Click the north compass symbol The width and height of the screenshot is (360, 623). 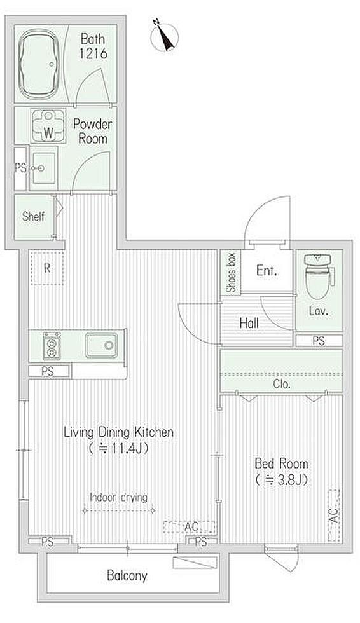pyautogui.click(x=165, y=37)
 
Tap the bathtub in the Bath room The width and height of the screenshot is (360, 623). pyautogui.click(x=39, y=64)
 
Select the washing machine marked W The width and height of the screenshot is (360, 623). pyautogui.click(x=48, y=127)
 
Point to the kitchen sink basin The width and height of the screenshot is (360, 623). pyautogui.click(x=101, y=345)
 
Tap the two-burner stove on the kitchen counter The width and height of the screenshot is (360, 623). pyautogui.click(x=52, y=346)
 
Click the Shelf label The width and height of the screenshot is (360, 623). pyautogui.click(x=33, y=217)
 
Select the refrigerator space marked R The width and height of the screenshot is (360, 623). pyautogui.click(x=47, y=268)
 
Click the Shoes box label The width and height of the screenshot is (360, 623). pyautogui.click(x=231, y=273)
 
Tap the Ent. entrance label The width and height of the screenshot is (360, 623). pyautogui.click(x=267, y=271)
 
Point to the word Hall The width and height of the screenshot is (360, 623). pyautogui.click(x=249, y=323)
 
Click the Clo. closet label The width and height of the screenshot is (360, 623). pyautogui.click(x=282, y=384)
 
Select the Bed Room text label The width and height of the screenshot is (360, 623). pyautogui.click(x=281, y=463)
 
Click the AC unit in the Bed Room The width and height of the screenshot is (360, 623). pyautogui.click(x=334, y=516)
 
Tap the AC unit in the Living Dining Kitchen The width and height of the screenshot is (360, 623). pyautogui.click(x=190, y=527)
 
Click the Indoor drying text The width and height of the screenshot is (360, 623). pyautogui.click(x=118, y=497)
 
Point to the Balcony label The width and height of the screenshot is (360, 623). pyautogui.click(x=127, y=575)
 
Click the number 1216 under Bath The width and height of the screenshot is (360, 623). pyautogui.click(x=93, y=53)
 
